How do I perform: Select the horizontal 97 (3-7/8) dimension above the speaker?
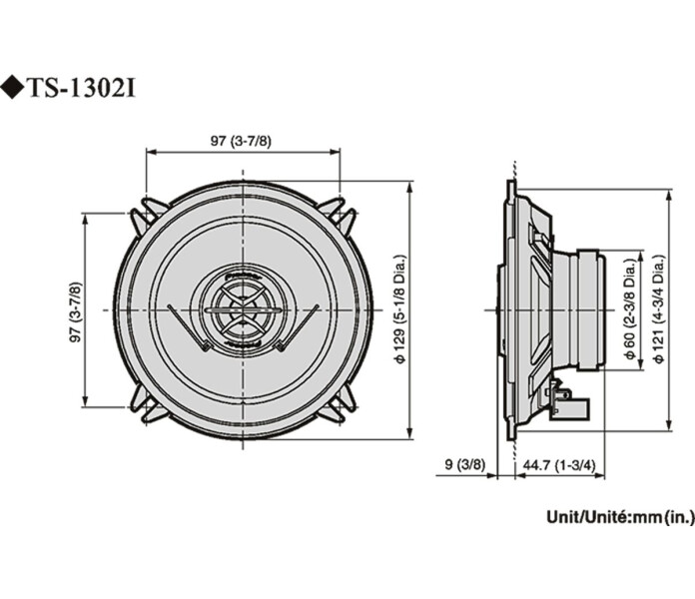coord(240,142)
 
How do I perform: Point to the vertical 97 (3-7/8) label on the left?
coord(74,311)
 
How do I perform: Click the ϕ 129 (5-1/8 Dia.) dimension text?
coord(399,310)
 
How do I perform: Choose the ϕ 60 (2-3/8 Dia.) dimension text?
coord(628,311)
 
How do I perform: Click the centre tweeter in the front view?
coord(243,309)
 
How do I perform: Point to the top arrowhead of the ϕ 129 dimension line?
coord(410,186)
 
